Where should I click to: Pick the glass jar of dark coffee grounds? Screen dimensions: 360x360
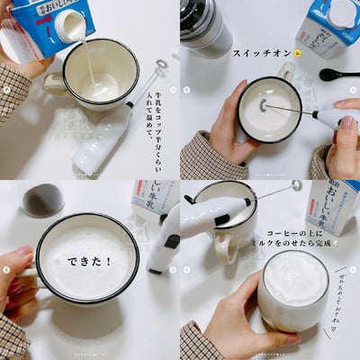pos(42,199)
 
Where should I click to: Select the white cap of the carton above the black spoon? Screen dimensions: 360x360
pos(341,13)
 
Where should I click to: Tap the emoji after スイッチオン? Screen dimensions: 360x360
pos(299,53)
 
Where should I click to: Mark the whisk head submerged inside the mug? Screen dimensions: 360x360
pos(265,105)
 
